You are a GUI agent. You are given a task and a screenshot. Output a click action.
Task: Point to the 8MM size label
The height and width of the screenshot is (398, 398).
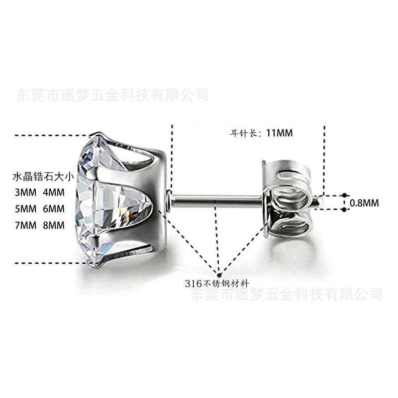[x=53, y=225]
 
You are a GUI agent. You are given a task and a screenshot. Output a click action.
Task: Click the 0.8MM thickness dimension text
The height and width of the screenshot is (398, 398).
[x=365, y=203]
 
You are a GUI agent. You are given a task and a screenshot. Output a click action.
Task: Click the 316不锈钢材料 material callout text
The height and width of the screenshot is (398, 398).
[x=217, y=284]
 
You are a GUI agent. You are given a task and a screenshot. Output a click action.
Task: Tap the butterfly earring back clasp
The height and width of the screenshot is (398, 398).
[x=289, y=199]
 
